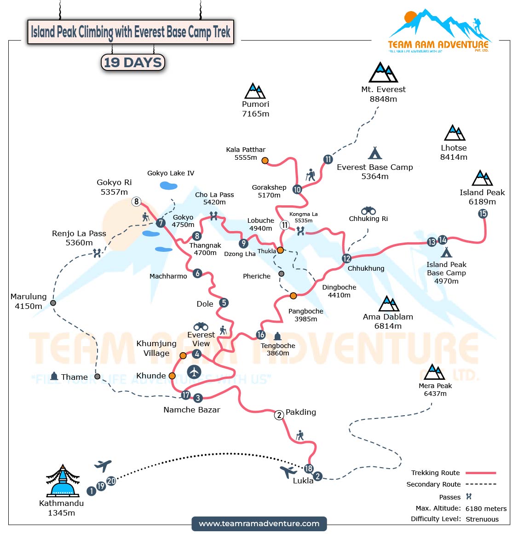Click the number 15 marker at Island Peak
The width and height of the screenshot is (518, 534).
(483, 214)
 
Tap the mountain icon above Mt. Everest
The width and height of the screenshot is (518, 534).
(383, 73)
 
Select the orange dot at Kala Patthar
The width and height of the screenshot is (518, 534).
(265, 161)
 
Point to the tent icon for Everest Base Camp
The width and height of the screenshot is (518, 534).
(375, 153)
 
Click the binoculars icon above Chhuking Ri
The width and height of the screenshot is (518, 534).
(368, 210)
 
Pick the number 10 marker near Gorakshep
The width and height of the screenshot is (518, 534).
(297, 189)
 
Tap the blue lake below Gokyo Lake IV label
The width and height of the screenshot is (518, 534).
(168, 186)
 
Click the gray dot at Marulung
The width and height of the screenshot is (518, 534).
(53, 303)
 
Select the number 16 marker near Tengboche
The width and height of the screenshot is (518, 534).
(261, 335)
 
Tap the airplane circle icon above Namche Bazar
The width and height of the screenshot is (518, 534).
(194, 372)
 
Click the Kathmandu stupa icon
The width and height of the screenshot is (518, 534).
(63, 481)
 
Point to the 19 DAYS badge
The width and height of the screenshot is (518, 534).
(132, 63)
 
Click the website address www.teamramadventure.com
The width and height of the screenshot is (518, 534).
(259, 523)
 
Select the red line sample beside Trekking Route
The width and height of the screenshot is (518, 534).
(481, 473)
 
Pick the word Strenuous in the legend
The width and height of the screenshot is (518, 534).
(482, 519)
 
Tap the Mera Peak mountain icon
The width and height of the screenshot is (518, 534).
(434, 372)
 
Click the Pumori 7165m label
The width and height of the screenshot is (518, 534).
(255, 109)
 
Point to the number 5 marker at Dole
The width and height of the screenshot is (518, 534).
(224, 303)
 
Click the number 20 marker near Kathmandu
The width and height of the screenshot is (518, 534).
(111, 481)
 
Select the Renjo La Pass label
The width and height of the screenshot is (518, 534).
(79, 238)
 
